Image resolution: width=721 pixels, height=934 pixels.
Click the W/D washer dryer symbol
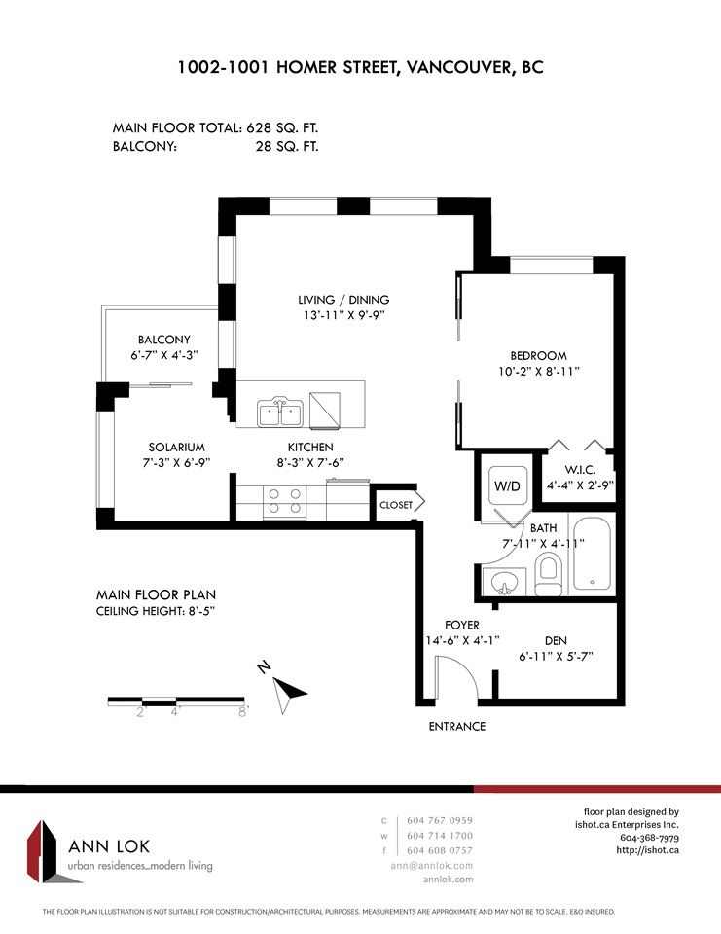point(508,485)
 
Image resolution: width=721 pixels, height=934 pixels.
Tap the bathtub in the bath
point(591,554)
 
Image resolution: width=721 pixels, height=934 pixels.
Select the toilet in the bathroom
point(548,574)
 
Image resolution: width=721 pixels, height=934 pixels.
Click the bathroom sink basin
point(505,582)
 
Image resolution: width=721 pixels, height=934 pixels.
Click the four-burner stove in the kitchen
point(285,502)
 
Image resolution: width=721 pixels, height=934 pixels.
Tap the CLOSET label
point(396,505)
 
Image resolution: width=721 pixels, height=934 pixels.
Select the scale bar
point(176,701)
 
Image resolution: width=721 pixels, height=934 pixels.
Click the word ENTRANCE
point(457,726)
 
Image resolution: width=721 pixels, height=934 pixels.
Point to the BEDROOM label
point(539,356)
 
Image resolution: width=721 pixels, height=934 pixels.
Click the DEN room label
point(556,641)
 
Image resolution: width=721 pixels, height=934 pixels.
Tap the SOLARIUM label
point(176,448)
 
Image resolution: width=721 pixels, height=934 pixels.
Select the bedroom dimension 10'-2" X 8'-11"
point(539,372)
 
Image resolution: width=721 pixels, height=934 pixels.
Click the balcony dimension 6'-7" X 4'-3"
point(164,356)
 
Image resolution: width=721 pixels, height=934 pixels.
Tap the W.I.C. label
point(580,470)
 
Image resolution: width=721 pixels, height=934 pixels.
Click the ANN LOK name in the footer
point(109,846)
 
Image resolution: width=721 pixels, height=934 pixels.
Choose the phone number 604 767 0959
point(440,820)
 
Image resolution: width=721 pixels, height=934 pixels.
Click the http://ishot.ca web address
point(648,850)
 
